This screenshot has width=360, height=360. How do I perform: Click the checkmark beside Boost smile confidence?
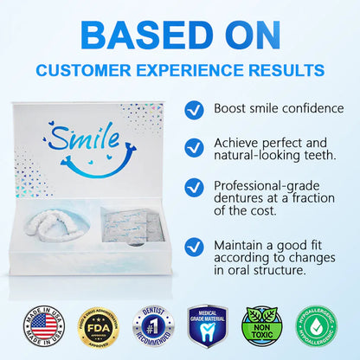click(196, 108)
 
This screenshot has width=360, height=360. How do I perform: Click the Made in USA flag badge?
click(40, 327)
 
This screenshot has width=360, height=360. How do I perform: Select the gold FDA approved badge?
click(96, 327)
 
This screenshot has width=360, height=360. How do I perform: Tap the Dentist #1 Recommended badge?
click(152, 327)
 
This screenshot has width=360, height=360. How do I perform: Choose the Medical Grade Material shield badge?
click(208, 327)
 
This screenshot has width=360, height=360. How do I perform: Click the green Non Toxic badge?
click(262, 327)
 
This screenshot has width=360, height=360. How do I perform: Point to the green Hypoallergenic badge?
click(318, 327)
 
